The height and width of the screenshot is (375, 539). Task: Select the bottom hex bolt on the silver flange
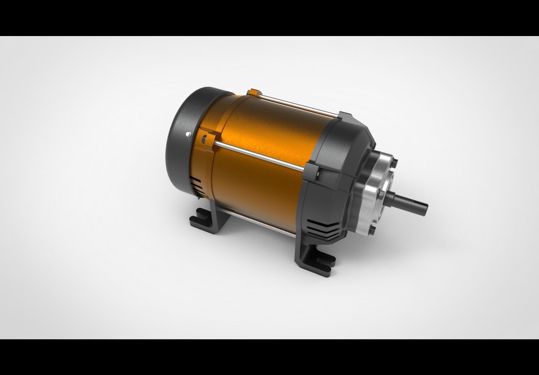point(372,230)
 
